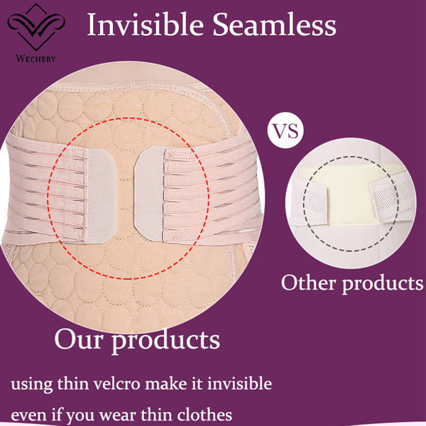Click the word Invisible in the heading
coord(146,24)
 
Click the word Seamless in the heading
coord(274,24)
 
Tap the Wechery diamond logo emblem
coord(36,27)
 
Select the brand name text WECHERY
coord(35,58)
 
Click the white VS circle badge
coord(285,130)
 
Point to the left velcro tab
coord(101,196)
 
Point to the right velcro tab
coord(149,193)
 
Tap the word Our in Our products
coord(79,340)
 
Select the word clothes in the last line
coord(204,415)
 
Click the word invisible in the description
coord(240,383)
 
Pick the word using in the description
coord(32,385)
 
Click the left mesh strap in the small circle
coord(310,202)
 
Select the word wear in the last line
coord(117,416)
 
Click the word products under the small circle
coord(383,284)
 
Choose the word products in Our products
coord(166,342)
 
